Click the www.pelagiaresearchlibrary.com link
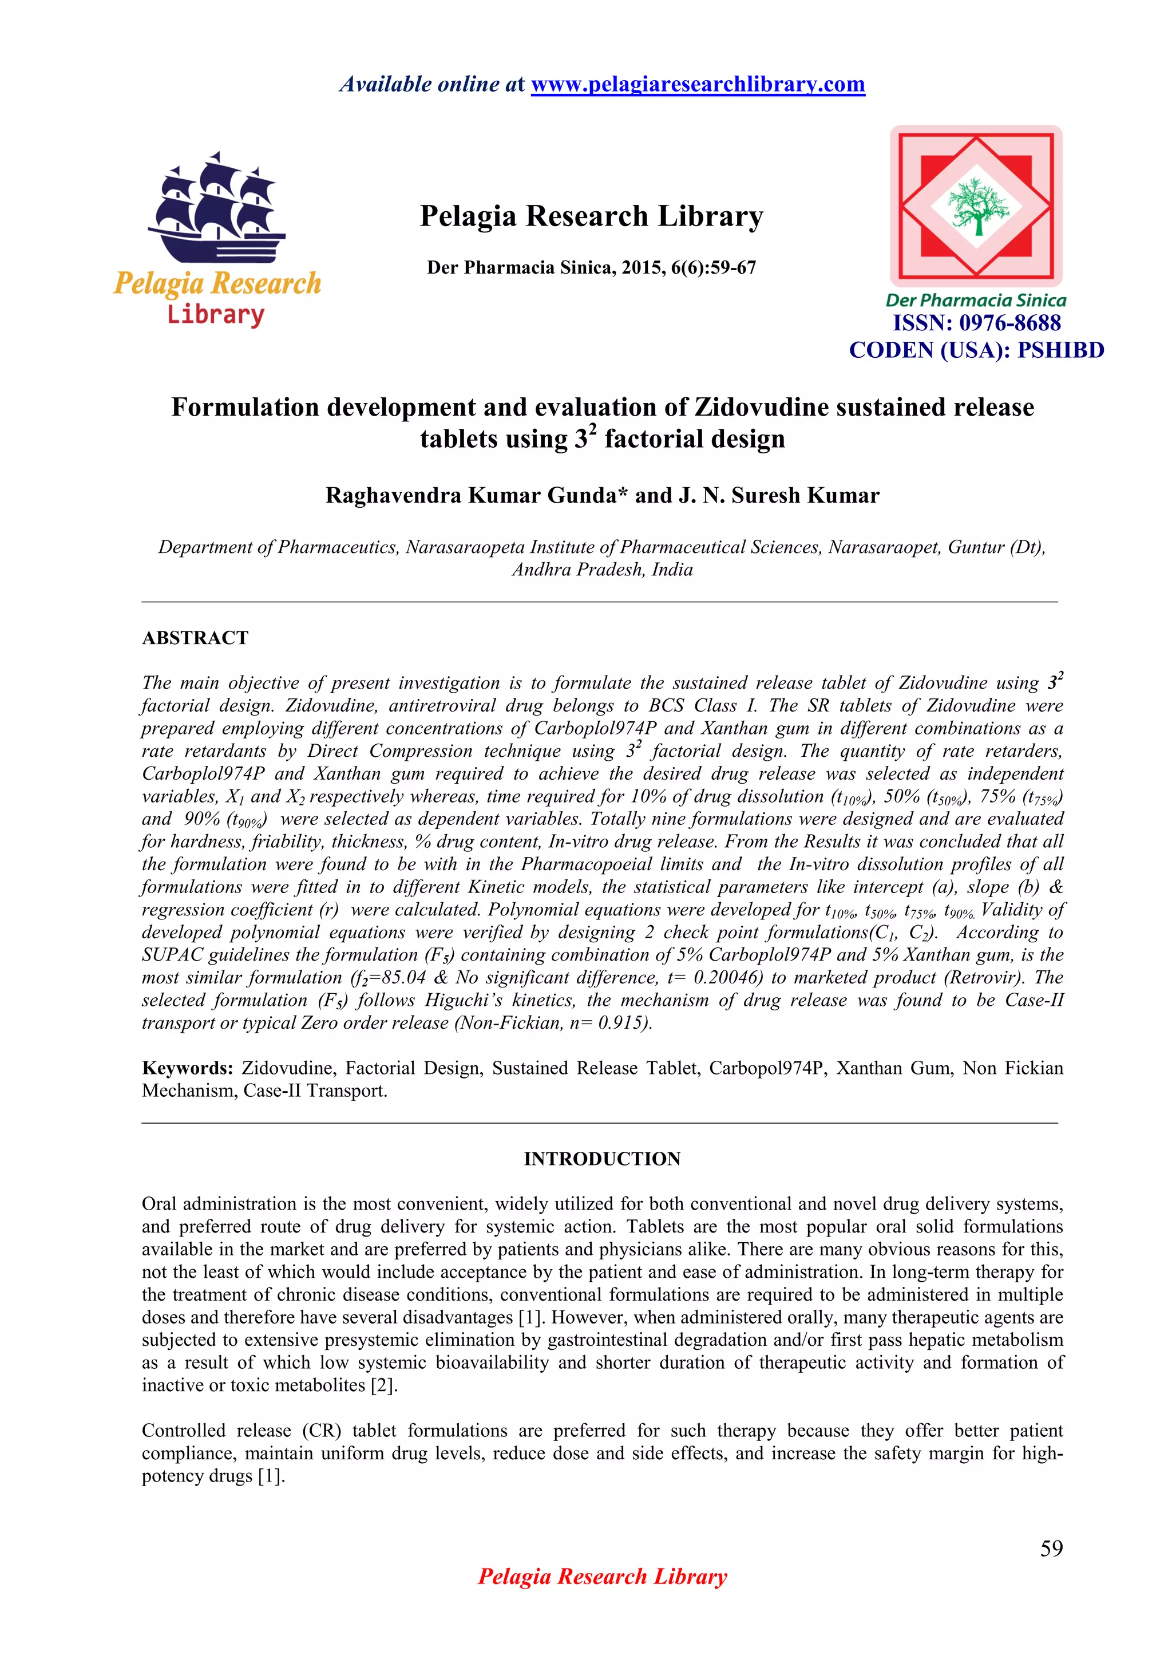[x=698, y=85]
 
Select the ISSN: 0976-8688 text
[x=976, y=323]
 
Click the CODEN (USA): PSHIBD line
[x=976, y=350]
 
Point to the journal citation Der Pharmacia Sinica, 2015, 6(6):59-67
[x=591, y=268]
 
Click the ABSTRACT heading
[x=195, y=638]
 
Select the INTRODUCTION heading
[x=601, y=1159]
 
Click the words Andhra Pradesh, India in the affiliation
[x=602, y=570]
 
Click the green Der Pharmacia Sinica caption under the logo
[x=976, y=301]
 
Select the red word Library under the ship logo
[x=216, y=315]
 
